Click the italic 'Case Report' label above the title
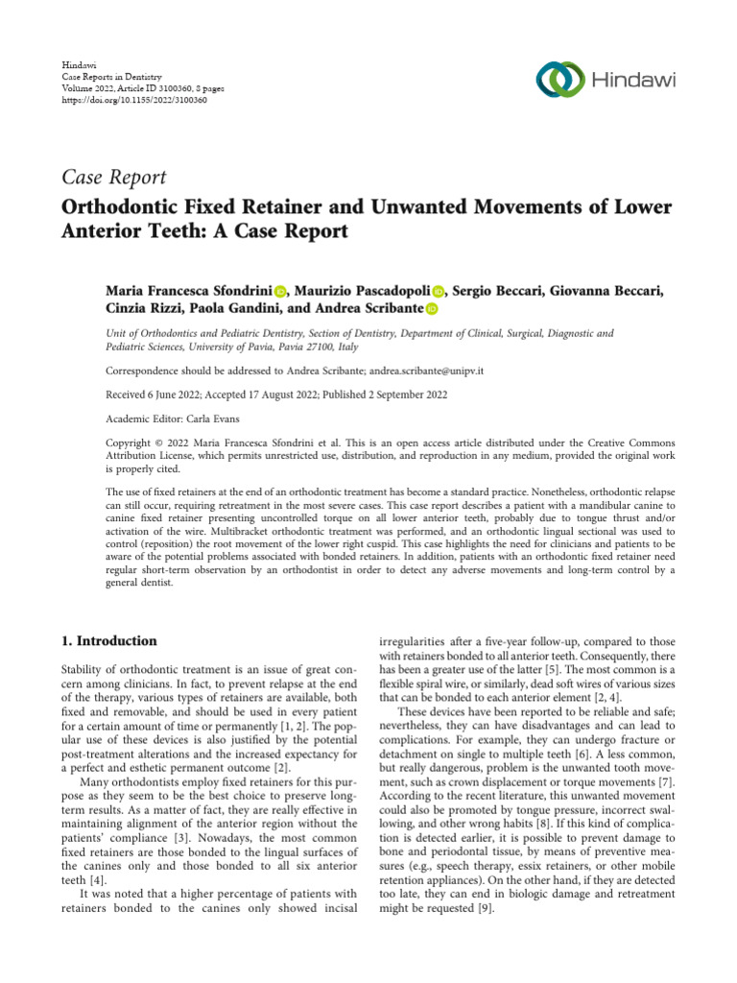pyautogui.click(x=114, y=177)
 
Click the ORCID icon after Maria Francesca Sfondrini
pyautogui.click(x=280, y=291)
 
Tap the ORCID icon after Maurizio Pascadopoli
pyautogui.click(x=440, y=291)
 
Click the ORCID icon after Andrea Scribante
pyautogui.click(x=431, y=309)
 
